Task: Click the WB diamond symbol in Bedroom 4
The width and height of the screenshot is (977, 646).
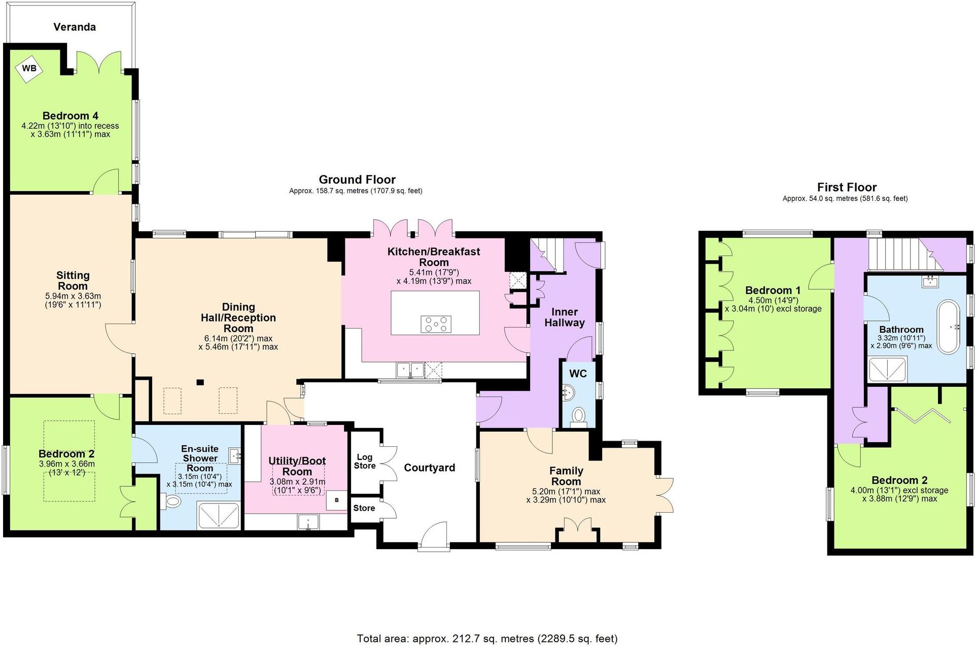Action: [x=29, y=68]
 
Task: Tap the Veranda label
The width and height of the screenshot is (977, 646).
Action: [x=75, y=27]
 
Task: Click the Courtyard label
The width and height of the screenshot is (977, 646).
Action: [x=429, y=468]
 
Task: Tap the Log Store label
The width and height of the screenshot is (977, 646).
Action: [x=365, y=461]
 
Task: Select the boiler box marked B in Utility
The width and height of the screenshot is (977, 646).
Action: [x=336, y=500]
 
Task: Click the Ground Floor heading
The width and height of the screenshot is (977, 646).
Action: [x=357, y=180]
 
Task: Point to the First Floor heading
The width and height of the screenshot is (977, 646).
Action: [x=846, y=187]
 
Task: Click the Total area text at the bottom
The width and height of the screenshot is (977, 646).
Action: [x=487, y=638]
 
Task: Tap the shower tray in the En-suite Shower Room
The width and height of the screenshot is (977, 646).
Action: [x=218, y=516]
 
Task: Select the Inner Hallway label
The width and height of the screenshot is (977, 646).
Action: [x=564, y=317]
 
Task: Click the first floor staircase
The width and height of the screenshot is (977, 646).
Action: [x=900, y=255]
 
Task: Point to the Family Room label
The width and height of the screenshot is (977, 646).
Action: [x=566, y=476]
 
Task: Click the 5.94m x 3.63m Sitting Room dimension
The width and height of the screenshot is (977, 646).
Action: [x=73, y=296]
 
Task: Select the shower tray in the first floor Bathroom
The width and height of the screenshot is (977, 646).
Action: [x=887, y=369]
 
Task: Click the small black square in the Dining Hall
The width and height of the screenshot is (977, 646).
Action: [x=200, y=382]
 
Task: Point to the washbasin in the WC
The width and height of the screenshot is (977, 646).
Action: [x=569, y=392]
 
